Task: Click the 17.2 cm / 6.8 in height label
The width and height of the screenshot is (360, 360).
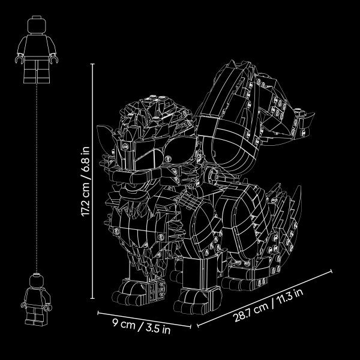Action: coord(85,181)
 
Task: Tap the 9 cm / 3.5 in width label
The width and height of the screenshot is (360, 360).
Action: coord(142,326)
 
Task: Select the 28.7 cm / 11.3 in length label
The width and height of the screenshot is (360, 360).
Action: coord(268,305)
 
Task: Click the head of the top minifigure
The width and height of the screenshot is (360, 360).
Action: coord(37,25)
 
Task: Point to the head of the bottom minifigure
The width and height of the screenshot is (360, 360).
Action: coord(36,280)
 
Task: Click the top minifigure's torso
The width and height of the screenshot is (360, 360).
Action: coord(37,46)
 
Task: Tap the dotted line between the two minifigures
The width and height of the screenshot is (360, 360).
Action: coord(37,178)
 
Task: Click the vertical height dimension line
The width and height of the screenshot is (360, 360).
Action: coord(92,181)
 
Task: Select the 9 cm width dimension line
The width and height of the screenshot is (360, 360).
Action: coord(144,319)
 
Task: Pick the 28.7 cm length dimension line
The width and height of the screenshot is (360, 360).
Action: coord(265,298)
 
